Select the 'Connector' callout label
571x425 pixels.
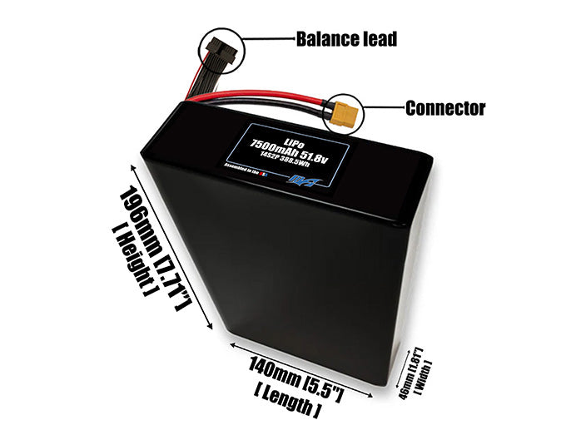pos(444,108)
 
